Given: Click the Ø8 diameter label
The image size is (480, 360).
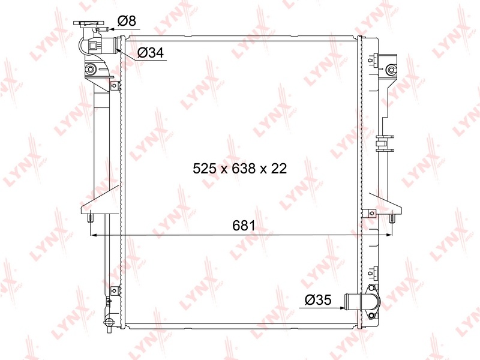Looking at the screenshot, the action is pos(127,21).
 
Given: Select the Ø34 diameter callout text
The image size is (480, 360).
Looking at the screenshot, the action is pos(151,53).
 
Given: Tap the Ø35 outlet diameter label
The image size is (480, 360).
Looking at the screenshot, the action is pos(318,299).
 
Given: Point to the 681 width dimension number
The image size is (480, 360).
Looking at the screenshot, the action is pos(244,226).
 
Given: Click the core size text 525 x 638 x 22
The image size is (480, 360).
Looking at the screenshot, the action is pos(239,169).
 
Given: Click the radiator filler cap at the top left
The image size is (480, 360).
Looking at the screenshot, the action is pos(89,23).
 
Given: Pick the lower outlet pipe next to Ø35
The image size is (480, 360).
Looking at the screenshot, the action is pos(353,302).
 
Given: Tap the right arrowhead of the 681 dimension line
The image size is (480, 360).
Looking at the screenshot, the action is pos(389,235).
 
